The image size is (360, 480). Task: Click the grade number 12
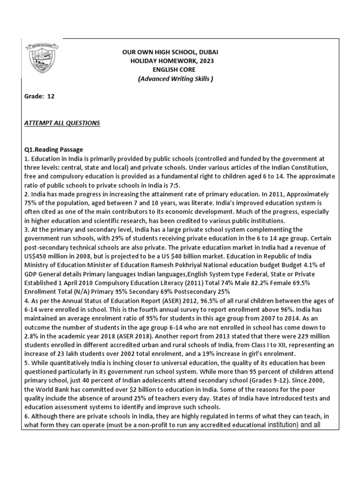pyautogui.click(x=51, y=97)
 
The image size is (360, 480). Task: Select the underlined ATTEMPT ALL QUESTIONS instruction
pyautogui.click(x=62, y=123)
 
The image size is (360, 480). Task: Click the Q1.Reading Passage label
pyautogui.click(x=53, y=150)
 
